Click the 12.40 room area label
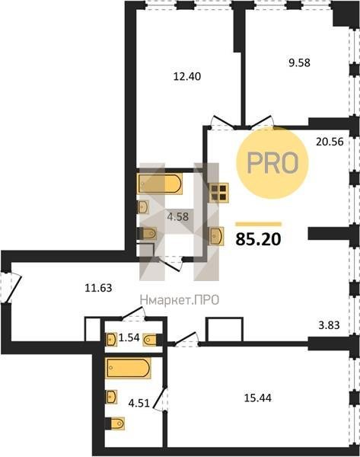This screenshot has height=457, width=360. pyautogui.click(x=187, y=76)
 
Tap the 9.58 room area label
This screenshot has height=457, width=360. pyautogui.click(x=299, y=62)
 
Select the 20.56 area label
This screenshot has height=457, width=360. pyautogui.click(x=330, y=142)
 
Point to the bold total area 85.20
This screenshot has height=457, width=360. pyautogui.click(x=258, y=238)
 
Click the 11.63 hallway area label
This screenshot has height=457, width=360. pyautogui.click(x=98, y=288)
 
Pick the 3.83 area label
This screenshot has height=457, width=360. pyautogui.click(x=329, y=324)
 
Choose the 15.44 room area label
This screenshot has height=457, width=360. pyautogui.click(x=258, y=398)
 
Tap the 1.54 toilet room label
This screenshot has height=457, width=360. pyautogui.click(x=129, y=338)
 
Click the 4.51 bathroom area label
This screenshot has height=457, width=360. pyautogui.click(x=139, y=403)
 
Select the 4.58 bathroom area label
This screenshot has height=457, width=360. pyautogui.click(x=177, y=216)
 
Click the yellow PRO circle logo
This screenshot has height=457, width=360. pyautogui.click(x=272, y=163)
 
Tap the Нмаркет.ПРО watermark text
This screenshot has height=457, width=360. pyautogui.click(x=180, y=300)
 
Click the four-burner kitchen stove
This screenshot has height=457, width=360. pyautogui.click(x=218, y=193)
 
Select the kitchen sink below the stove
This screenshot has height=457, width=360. pyautogui.click(x=217, y=236)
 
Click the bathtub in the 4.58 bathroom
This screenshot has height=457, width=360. pyautogui.click(x=160, y=184)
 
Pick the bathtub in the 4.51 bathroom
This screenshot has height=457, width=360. pyautogui.click(x=128, y=368)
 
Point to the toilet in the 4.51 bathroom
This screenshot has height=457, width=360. pyautogui.click(x=114, y=423)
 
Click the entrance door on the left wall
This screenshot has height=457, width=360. pyautogui.click(x=11, y=288)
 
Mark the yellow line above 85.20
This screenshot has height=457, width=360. pyautogui.click(x=258, y=224)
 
